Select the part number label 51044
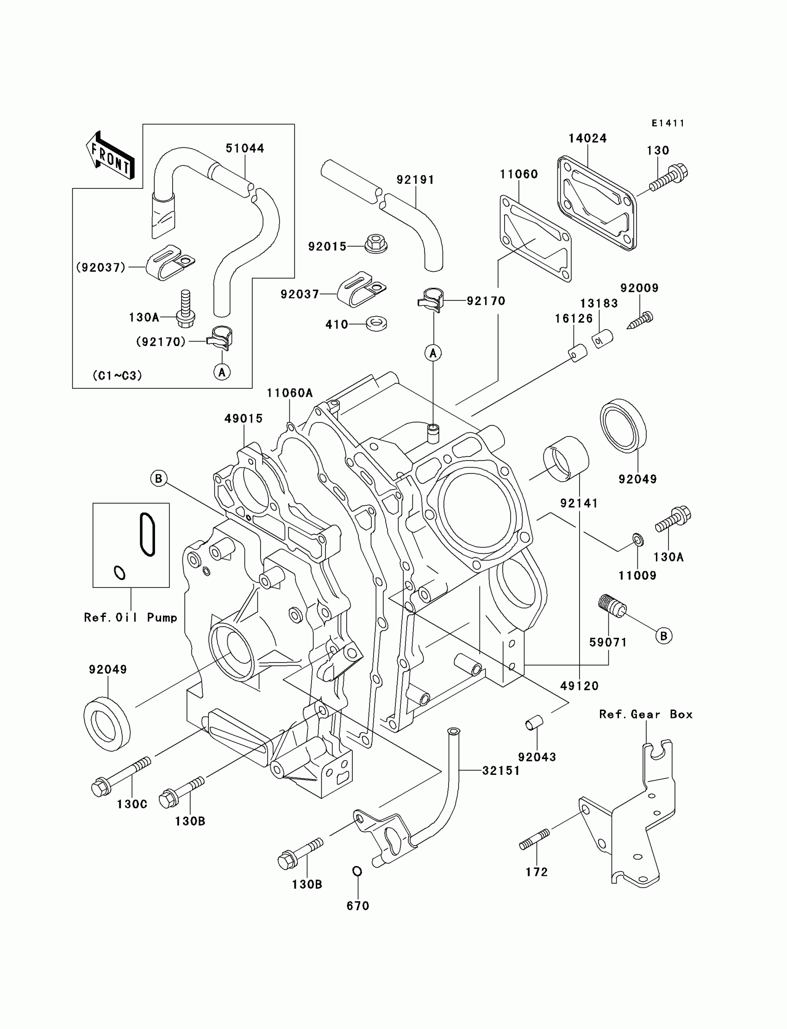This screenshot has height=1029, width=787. tap(245, 149)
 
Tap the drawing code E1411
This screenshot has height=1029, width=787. tap(668, 123)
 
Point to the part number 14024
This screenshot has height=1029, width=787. tap(587, 139)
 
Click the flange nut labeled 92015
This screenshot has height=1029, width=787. tap(376, 243)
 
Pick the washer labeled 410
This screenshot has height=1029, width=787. tap(376, 323)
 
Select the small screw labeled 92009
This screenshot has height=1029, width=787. tap(641, 320)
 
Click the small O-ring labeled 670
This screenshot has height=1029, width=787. tap(357, 871)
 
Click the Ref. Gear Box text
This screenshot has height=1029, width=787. tap(645, 715)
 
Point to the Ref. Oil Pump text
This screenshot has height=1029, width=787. tap(131, 618)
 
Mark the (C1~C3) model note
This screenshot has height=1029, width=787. tap(117, 375)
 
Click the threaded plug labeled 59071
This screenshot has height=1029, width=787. tap(612, 605)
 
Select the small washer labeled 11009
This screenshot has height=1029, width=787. tap(637, 540)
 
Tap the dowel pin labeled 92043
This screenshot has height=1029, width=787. tap(533, 723)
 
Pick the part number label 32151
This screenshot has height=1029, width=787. tap(501, 771)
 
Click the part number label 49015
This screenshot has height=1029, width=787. tap(243, 419)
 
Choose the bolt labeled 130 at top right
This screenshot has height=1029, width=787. tap(668, 179)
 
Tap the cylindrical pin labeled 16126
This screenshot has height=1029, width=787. tap(578, 353)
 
